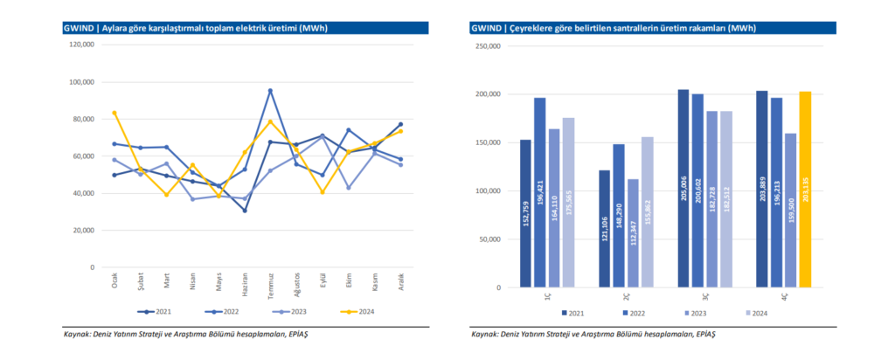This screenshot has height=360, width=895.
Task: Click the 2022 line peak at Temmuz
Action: click(270, 90)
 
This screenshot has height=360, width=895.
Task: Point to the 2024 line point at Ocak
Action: click(114, 113)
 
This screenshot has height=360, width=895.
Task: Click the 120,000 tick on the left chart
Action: click(82, 45)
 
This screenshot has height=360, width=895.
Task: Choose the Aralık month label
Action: click(400, 282)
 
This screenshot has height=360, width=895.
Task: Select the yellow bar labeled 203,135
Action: click(805, 189)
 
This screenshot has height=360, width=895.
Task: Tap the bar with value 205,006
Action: click(683, 188)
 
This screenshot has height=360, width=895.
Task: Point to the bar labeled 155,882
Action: click(648, 211)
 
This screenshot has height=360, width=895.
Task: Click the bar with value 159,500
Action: click(789, 210)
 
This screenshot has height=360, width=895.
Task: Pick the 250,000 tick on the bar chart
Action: click(486, 45)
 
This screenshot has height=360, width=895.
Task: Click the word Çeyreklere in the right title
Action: click(532, 28)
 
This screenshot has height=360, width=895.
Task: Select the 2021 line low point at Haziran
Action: click(245, 211)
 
